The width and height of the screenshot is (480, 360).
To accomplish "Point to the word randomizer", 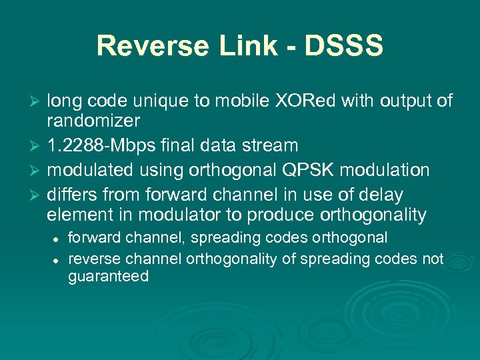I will (93, 121).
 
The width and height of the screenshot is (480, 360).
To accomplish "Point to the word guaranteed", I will (108, 277).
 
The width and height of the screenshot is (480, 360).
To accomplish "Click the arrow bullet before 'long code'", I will (37, 101).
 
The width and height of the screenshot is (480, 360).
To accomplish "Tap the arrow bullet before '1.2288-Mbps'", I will (37, 145).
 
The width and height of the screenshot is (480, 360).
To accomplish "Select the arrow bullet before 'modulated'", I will (37, 171).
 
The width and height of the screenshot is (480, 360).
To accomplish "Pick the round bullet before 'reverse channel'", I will (59, 259).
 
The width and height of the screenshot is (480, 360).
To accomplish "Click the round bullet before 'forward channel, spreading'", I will (59, 239).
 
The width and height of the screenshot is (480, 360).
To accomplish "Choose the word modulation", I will (385, 171).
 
